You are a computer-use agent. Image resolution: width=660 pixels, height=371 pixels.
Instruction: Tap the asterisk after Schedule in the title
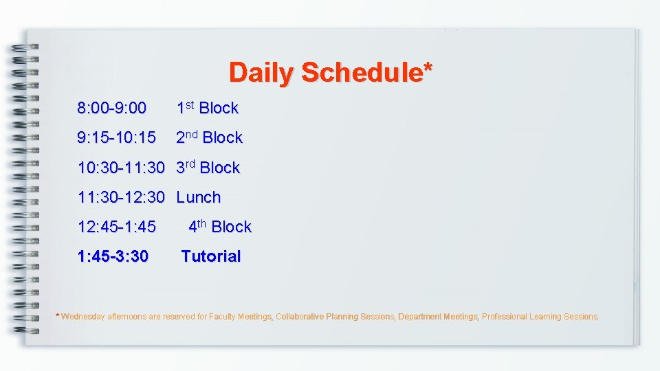pos(428,67)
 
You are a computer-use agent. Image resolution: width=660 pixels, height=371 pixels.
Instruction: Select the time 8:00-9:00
pos(111,108)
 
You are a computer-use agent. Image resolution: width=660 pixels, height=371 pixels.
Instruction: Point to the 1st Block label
pos(207,108)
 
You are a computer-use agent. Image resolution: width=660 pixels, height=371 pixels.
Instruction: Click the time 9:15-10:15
pos(116,137)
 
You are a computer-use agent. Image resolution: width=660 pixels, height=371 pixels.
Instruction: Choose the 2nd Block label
pos(209,137)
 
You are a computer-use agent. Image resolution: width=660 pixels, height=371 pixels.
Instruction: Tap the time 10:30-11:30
pos(121,168)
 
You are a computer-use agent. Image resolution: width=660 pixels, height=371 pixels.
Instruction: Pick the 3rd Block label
pos(208,168)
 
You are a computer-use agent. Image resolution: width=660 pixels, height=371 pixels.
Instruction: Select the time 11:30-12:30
pos(121,197)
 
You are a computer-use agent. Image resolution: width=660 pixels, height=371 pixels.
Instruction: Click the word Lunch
pos(199,197)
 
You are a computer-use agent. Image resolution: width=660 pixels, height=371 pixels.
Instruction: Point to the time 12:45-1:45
pos(116,227)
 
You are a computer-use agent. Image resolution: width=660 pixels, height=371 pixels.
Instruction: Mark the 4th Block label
pos(220,227)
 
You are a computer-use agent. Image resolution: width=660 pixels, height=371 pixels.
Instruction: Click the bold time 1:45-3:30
pos(113,256)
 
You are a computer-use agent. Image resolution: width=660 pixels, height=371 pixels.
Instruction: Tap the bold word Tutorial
pos(211,256)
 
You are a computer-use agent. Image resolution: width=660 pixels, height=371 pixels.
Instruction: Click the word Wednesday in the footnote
pos(82,317)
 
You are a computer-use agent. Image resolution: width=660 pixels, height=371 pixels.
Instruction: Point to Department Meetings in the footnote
pos(438,317)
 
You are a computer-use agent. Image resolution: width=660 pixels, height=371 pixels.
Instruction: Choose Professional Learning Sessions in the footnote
pos(540,317)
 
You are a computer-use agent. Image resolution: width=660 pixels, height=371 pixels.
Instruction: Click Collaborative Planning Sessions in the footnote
pos(335,317)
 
